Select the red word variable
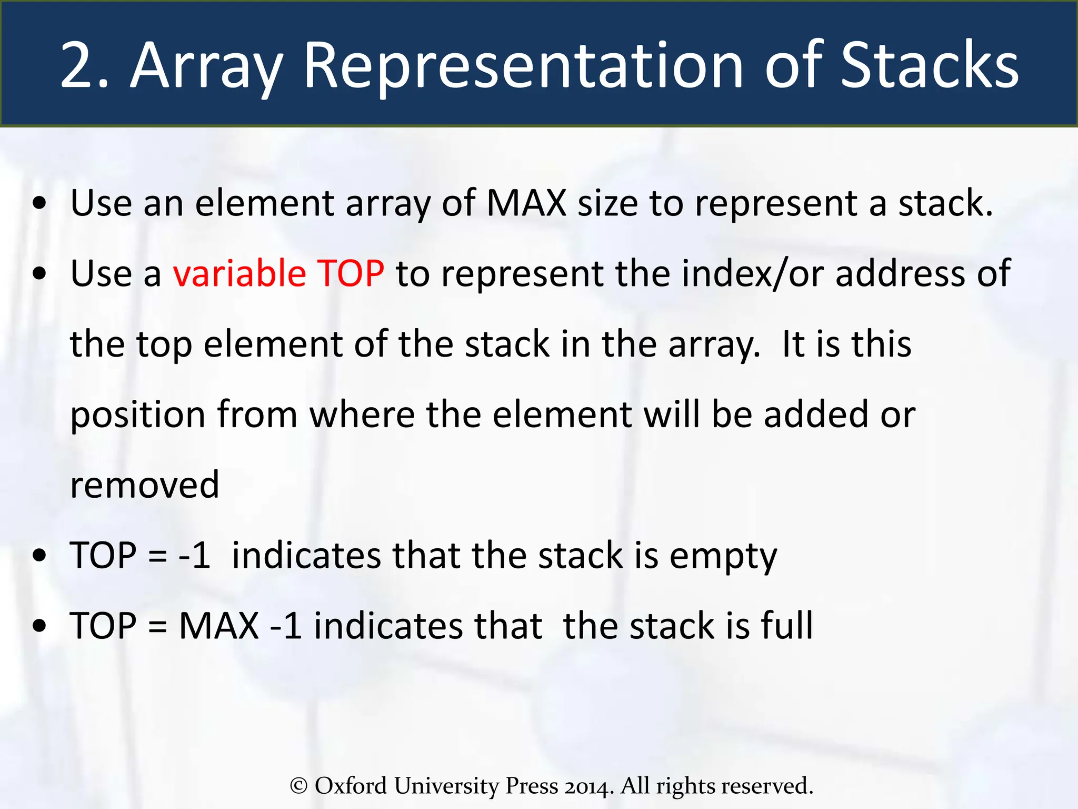click(239, 273)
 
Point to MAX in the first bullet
click(526, 203)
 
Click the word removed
click(145, 485)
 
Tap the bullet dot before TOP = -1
click(39, 556)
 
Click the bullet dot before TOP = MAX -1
click(39, 626)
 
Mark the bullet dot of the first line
click(39, 203)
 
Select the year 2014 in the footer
click(588, 786)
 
